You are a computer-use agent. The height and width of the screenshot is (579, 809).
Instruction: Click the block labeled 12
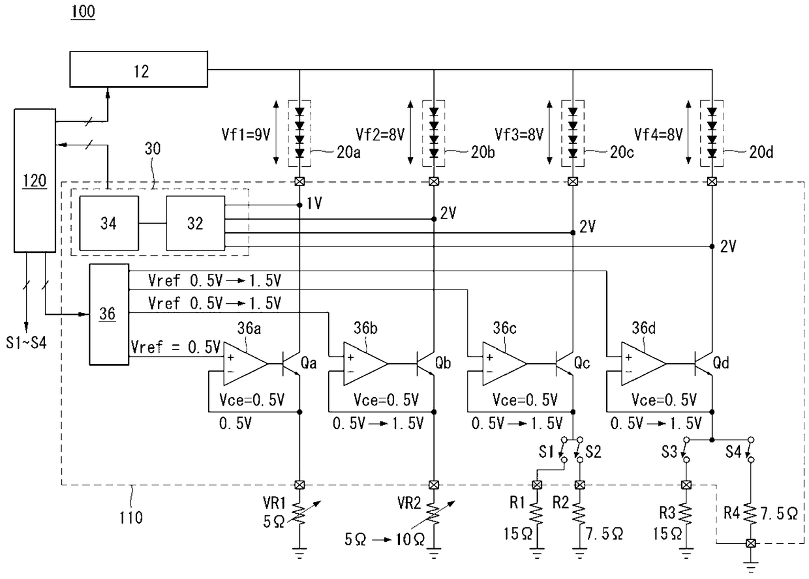click(x=139, y=69)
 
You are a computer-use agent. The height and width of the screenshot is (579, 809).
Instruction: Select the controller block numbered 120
click(x=35, y=181)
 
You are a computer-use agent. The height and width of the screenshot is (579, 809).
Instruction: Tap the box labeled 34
click(x=109, y=223)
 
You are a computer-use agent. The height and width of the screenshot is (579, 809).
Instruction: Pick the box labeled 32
click(x=195, y=223)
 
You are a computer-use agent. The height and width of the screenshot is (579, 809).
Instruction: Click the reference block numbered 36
click(x=109, y=314)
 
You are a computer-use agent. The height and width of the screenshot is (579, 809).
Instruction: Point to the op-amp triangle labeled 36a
click(x=245, y=364)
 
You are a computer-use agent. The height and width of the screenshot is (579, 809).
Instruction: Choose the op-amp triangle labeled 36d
click(x=643, y=364)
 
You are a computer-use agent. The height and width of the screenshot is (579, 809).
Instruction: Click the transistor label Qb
click(x=443, y=363)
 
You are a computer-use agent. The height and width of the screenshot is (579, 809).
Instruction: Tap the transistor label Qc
click(x=582, y=363)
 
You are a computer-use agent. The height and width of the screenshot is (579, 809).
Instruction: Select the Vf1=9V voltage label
click(x=246, y=135)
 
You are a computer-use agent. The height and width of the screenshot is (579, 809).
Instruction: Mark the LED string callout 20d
click(x=761, y=153)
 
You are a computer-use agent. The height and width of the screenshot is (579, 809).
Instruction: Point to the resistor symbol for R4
click(x=750, y=513)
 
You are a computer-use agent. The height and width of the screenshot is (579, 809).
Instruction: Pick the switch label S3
click(x=669, y=452)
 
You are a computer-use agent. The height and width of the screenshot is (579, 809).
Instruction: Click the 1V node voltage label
click(x=314, y=203)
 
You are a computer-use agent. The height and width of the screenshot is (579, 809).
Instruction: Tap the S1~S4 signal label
click(x=26, y=342)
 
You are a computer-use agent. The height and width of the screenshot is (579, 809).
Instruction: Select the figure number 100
click(x=83, y=11)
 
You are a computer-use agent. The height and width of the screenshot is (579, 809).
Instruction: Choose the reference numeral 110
click(x=131, y=518)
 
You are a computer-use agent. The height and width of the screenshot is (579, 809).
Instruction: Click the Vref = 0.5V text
click(x=176, y=348)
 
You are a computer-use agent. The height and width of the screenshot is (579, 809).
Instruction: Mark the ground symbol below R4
click(x=751, y=567)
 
